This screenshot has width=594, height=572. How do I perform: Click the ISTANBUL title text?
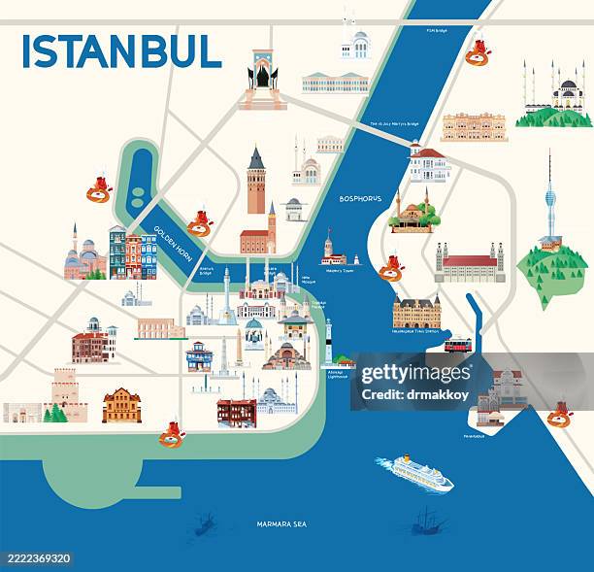(121, 50)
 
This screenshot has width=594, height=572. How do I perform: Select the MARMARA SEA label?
(281, 524)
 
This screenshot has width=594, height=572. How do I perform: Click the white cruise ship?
(414, 472)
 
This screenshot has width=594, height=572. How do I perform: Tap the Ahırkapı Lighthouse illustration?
(329, 341)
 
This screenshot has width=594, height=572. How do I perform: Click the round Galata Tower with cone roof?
(256, 181)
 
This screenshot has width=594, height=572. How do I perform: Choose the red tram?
(458, 345)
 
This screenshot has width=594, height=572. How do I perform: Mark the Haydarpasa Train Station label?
(416, 331)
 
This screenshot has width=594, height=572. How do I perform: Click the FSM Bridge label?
(438, 30)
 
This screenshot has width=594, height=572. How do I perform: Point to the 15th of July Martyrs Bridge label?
(394, 124)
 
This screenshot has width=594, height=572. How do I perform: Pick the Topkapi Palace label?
(317, 302)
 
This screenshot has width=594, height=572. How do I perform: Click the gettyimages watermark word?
(413, 374)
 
